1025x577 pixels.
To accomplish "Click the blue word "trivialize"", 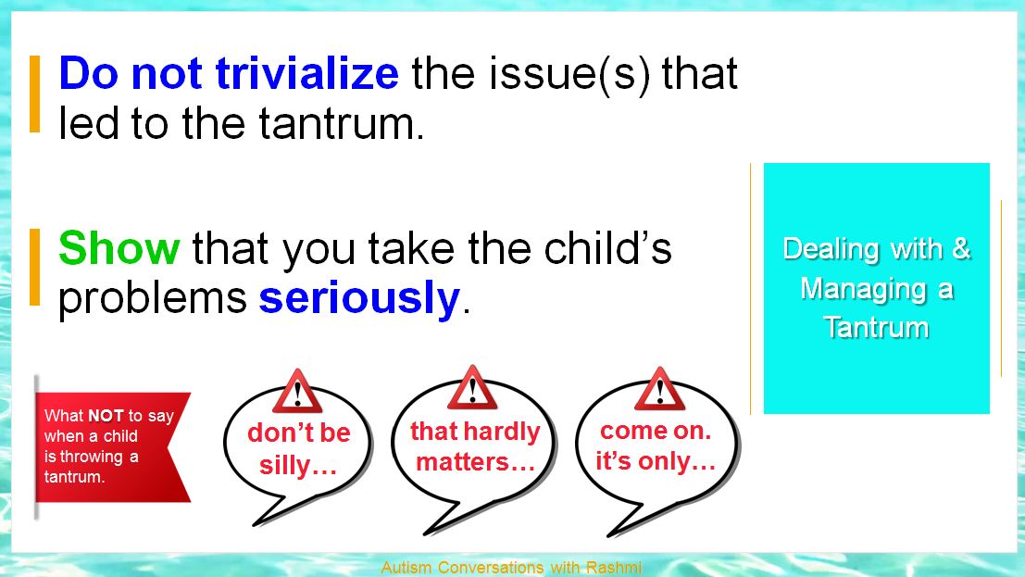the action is click(x=306, y=72).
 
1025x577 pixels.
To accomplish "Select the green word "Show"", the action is click(x=119, y=248).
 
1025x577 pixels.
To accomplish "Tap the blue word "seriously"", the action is click(x=359, y=299).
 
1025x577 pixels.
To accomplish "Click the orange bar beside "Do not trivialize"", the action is click(x=34, y=94).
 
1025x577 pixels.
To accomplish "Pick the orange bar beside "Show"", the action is click(x=34, y=267).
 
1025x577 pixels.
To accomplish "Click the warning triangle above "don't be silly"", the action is click(x=297, y=391).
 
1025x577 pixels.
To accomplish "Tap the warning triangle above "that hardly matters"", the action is click(x=472, y=388).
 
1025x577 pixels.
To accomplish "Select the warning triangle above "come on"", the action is click(x=659, y=389).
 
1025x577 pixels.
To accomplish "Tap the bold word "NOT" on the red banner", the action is click(x=106, y=416).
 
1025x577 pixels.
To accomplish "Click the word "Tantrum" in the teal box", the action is click(x=876, y=327).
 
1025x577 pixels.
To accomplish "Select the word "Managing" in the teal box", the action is click(x=863, y=289).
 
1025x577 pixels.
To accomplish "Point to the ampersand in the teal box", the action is click(x=962, y=248).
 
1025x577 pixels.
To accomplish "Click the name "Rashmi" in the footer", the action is click(x=614, y=567).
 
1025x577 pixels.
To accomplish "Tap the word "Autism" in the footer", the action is click(x=406, y=567).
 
